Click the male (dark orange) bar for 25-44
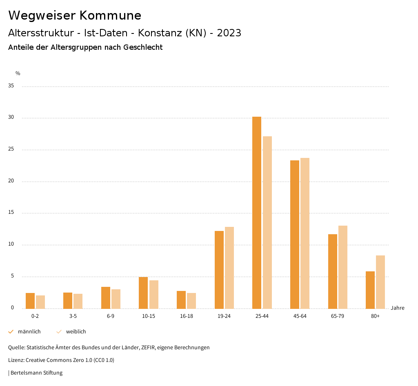pyautogui.click(x=257, y=212)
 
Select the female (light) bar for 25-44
pyautogui.click(x=267, y=222)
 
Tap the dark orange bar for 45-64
pyautogui.click(x=295, y=234)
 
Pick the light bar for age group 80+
pyautogui.click(x=380, y=282)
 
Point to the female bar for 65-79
pyautogui.click(x=343, y=267)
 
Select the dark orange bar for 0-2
pyautogui.click(x=30, y=301)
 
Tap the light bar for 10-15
pyautogui.click(x=154, y=294)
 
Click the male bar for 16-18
pyautogui.click(x=181, y=299)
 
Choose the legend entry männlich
pyautogui.click(x=29, y=332)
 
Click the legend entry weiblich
pyautogui.click(x=76, y=332)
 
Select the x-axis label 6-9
pyautogui.click(x=111, y=316)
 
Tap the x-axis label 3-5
pyautogui.click(x=73, y=316)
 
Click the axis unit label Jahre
pyautogui.click(x=398, y=308)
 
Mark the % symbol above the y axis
pyautogui.click(x=18, y=73)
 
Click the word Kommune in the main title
pyautogui.click(x=110, y=16)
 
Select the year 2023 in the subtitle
pyautogui.click(x=229, y=33)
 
